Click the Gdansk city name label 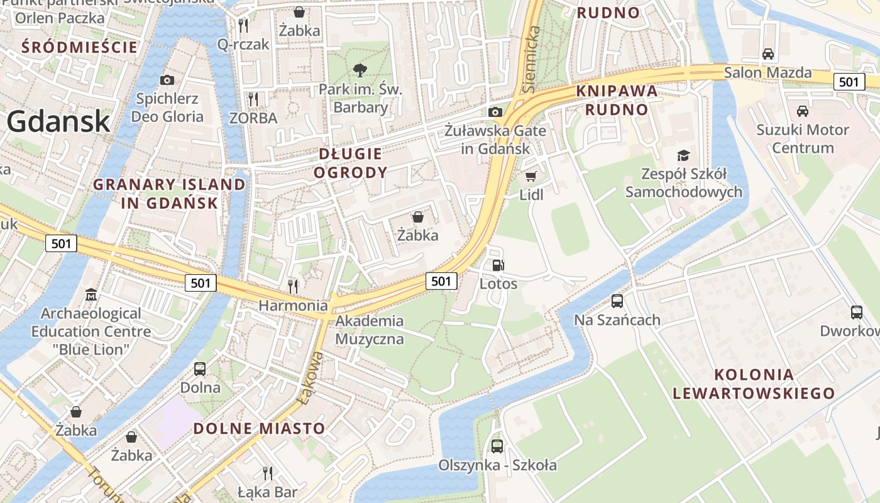58,121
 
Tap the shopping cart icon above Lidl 531,176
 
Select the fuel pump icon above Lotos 498,265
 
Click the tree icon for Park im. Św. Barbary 360,70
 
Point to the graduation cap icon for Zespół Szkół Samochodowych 683,155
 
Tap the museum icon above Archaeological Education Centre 91,294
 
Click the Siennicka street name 532,60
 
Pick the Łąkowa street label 311,377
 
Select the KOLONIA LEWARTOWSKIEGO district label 754,384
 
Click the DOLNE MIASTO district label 259,429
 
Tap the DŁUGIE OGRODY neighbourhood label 350,163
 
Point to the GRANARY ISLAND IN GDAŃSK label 169,194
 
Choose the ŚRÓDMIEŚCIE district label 79,47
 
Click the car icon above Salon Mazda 767,54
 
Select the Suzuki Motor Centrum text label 803,139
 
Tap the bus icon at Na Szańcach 617,301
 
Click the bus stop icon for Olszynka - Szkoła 497,446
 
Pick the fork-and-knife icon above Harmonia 293,286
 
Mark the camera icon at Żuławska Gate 495,112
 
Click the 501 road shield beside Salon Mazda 849,82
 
